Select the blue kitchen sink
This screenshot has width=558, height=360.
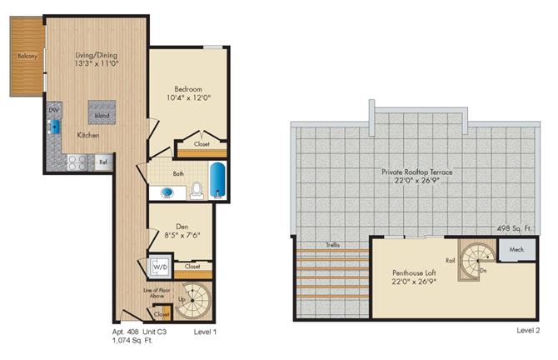click(55, 126)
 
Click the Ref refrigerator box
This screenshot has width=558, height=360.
click(104, 162)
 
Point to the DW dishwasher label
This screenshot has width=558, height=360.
click(52, 109)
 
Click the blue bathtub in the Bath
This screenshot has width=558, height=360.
click(217, 182)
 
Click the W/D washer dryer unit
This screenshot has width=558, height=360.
click(160, 267)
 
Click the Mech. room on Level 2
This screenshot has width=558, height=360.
click(514, 249)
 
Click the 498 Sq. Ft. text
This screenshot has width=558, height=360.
click(516, 227)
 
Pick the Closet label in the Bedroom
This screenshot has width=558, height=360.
click(202, 143)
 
